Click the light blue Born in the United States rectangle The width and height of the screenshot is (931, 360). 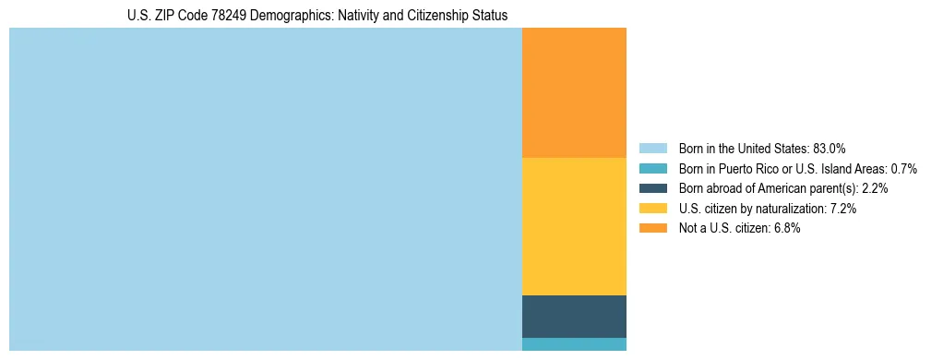266,189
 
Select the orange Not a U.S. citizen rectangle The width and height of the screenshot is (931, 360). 574,92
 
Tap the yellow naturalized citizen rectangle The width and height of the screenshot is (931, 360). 574,226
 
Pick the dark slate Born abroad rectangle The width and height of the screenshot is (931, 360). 574,316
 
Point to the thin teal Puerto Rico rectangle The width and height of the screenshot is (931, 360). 574,344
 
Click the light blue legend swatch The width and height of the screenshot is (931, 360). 652,149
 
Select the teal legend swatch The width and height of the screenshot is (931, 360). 652,169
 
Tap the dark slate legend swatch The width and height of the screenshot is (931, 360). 652,188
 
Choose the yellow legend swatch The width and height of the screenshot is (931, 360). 652,209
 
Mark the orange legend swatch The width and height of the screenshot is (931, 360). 652,229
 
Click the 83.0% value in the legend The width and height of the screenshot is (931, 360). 830,149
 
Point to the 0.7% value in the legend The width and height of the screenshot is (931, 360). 902,169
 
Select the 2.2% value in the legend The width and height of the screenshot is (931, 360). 874,188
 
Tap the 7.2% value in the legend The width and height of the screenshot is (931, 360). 842,209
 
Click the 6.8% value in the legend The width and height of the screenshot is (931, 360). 786,229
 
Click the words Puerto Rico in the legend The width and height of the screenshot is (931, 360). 745,169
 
